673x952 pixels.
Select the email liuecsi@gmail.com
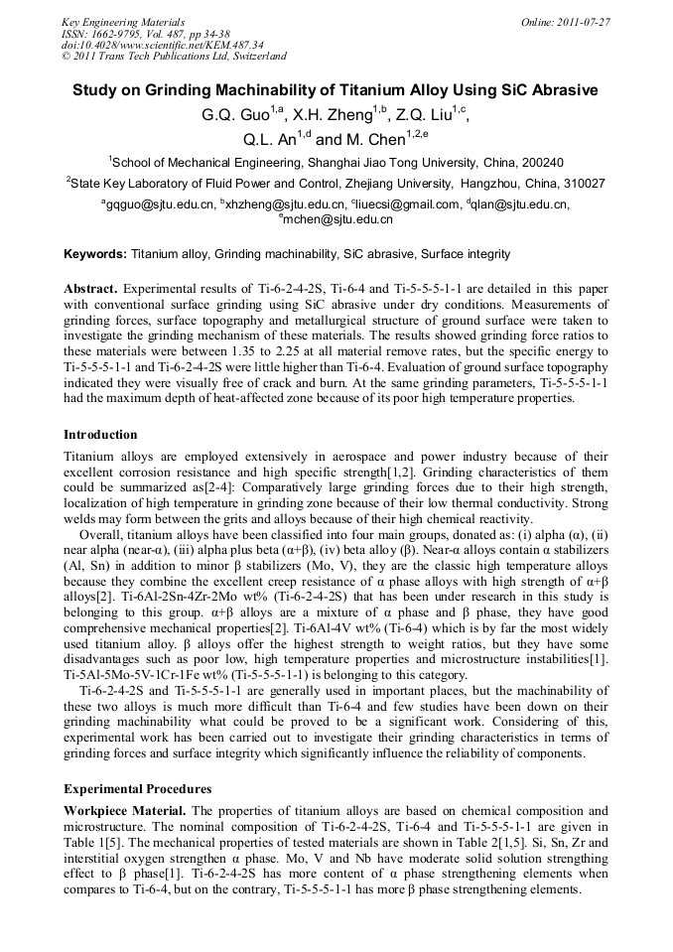393,204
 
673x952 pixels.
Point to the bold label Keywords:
95,254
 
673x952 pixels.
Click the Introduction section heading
100,435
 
